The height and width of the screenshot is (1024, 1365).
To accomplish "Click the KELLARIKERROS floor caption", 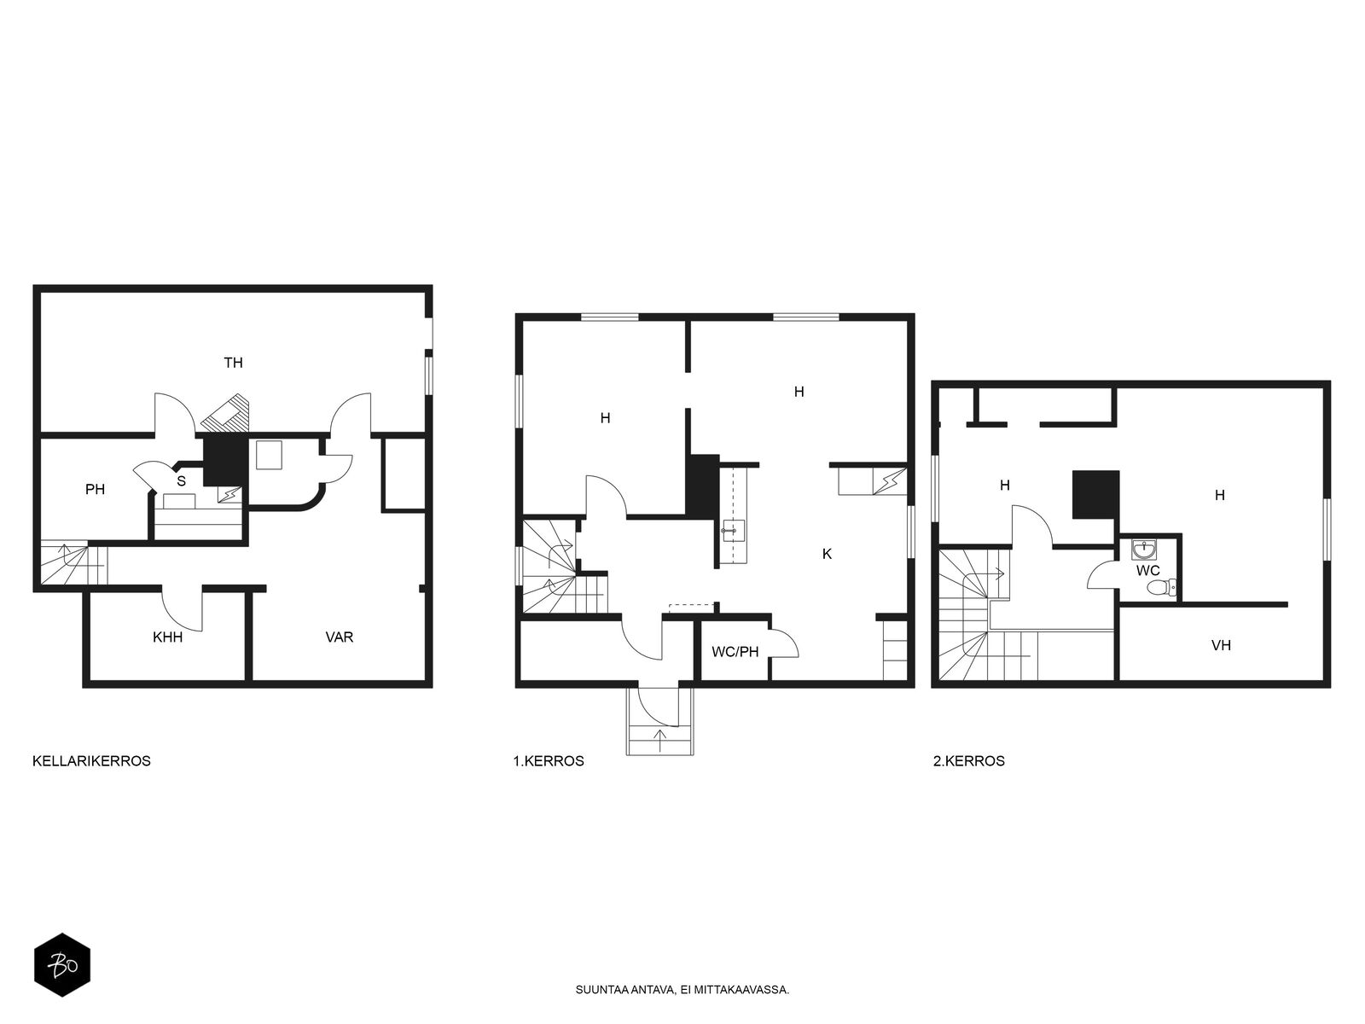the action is pos(91,761).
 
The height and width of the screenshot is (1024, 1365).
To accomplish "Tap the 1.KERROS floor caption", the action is pos(549,761).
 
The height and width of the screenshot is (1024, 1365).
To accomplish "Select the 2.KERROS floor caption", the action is pos(969,761).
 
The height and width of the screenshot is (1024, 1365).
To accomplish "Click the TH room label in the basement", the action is pos(233,363).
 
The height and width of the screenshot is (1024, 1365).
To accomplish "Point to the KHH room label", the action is pos(168,637).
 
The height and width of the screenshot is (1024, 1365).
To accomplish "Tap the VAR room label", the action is pos(340,637).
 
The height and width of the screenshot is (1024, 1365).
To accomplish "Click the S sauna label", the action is pos(182,480).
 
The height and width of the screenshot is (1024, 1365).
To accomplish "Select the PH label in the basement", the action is pos(96,489).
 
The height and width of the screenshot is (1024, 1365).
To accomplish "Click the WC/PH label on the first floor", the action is pos(735,652).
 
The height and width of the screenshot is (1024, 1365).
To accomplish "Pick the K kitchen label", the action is pos(827,554).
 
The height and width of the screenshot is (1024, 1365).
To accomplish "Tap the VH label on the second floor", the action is pos(1222,645).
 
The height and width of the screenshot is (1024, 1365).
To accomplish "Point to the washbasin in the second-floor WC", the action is pos(1144,550).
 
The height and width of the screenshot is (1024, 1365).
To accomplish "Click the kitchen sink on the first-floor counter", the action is pos(733,531).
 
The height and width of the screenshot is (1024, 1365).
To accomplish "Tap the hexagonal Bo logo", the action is pos(62,965).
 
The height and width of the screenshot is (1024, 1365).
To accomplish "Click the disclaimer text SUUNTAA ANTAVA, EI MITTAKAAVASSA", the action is pos(682,990).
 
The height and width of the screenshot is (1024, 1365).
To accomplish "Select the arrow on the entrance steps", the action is pos(659,741).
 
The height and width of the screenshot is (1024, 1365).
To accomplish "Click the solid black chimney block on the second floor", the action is pos(1095,494).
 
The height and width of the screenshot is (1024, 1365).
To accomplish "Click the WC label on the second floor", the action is pos(1148,570).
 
